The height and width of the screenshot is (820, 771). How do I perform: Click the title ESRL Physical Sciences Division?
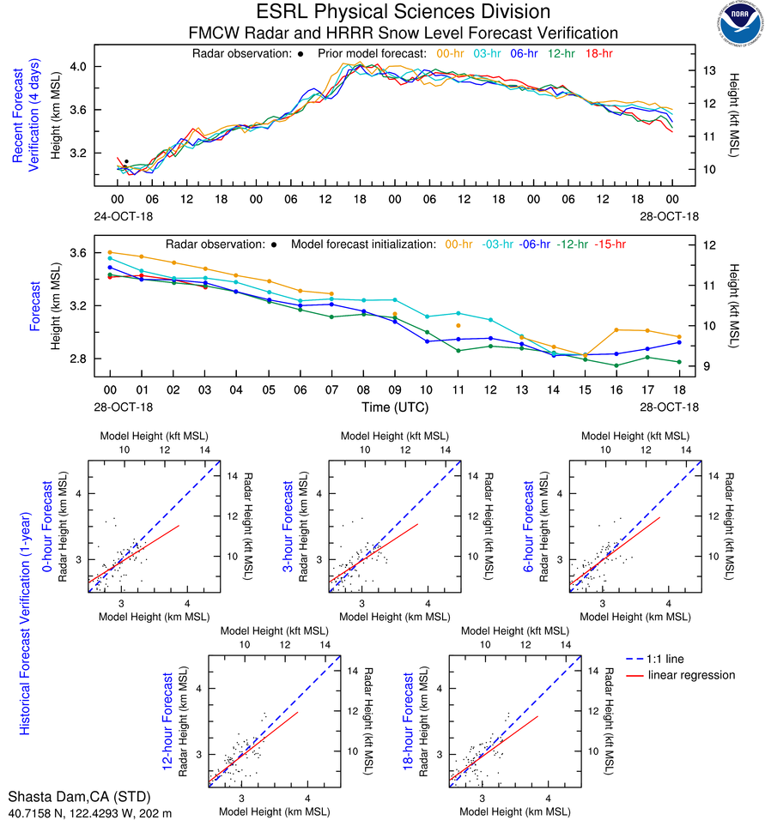(x=404, y=12)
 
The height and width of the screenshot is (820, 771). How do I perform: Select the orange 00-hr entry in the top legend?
(x=452, y=53)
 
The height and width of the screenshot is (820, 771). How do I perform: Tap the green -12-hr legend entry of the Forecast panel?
(x=571, y=244)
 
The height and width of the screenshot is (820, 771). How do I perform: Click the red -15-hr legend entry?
(x=610, y=244)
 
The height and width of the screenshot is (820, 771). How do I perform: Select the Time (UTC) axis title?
(x=393, y=406)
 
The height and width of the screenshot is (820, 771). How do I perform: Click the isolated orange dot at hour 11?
(x=458, y=326)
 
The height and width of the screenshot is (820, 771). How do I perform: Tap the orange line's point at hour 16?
(x=616, y=329)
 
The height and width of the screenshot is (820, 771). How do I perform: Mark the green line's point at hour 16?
(x=616, y=365)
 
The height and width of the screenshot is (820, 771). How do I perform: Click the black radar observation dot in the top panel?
(x=126, y=161)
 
